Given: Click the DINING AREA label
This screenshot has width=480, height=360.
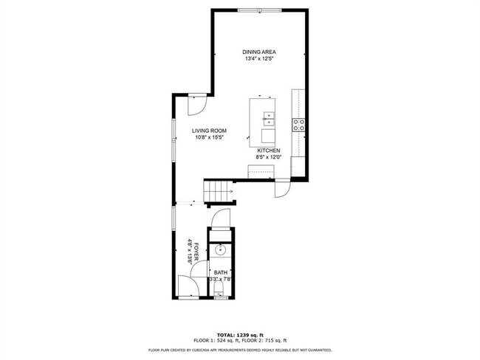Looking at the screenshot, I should point(259,52).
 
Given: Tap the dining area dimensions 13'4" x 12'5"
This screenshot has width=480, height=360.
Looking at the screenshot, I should point(259,59).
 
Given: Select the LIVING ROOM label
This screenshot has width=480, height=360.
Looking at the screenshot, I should point(208,130).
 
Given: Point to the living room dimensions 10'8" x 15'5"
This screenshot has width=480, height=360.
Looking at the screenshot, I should point(208,137).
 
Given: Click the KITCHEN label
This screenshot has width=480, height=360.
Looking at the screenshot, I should point(268,150).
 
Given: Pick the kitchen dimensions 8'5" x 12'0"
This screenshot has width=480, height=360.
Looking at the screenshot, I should point(268,157).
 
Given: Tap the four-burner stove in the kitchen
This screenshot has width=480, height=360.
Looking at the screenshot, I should point(299,125).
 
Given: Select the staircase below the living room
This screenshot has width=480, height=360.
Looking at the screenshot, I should point(218,192).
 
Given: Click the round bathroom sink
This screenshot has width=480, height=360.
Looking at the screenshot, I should point(219,252).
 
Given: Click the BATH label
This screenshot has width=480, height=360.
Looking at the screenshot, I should point(220,272).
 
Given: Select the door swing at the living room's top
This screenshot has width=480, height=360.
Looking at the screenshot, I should point(194,105).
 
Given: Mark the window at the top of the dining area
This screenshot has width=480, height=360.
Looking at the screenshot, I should point(260,10).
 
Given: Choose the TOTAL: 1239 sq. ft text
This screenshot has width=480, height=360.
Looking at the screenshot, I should point(240,334).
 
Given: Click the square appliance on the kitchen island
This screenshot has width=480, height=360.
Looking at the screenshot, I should point(267,136).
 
